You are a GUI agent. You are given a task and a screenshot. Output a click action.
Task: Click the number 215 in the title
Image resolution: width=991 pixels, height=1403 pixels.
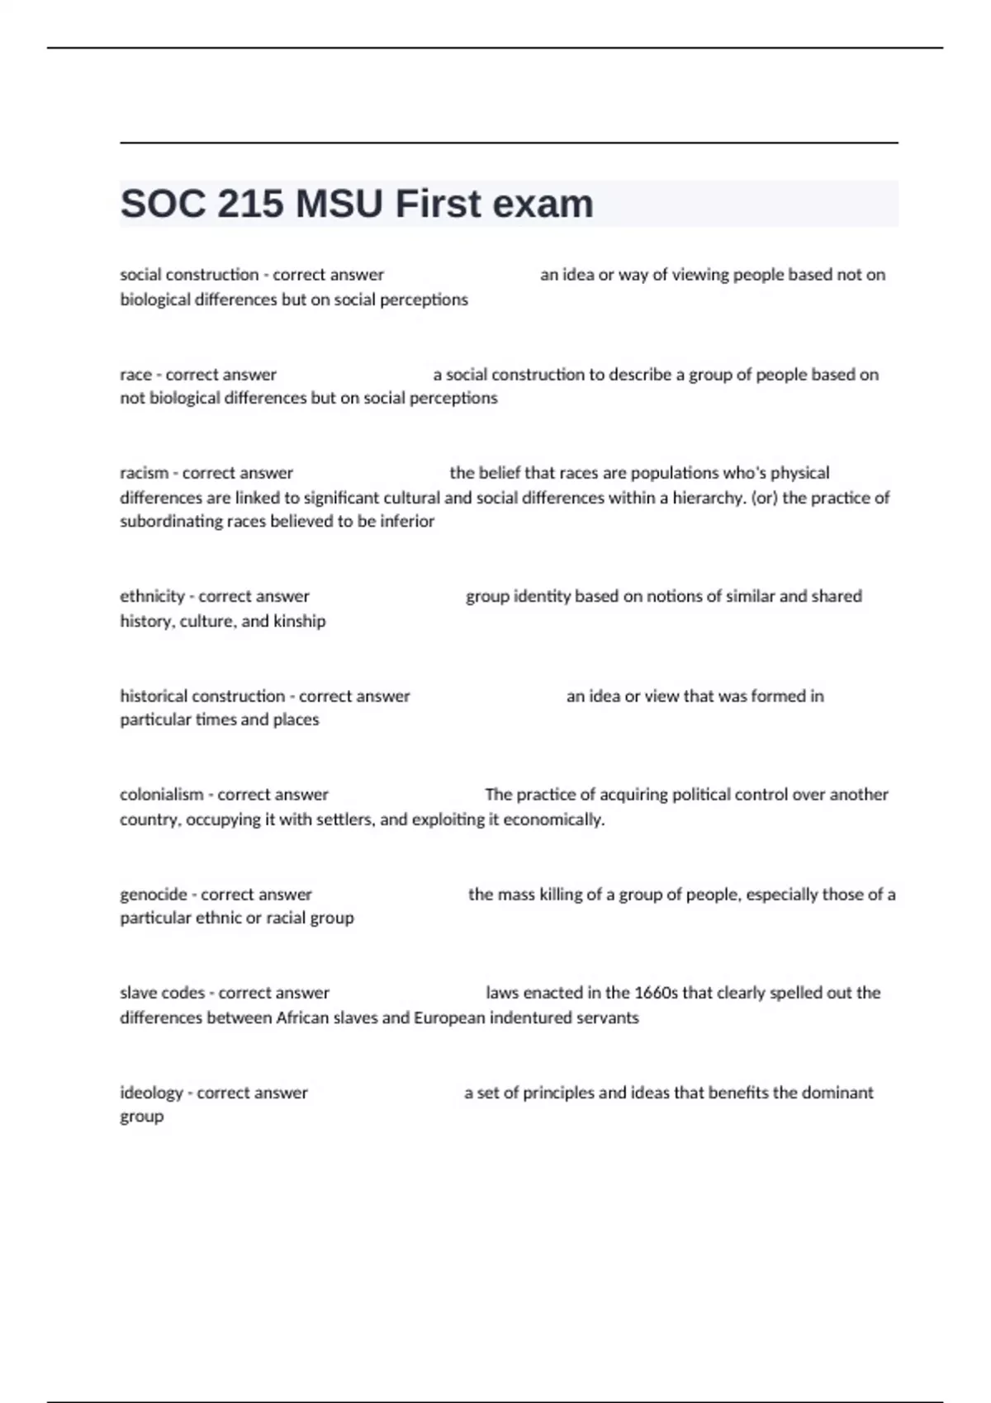pos(250,204)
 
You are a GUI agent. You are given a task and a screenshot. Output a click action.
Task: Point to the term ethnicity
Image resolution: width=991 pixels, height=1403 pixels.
pos(153,596)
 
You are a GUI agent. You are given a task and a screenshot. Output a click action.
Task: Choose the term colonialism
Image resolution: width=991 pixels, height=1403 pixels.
pos(162,794)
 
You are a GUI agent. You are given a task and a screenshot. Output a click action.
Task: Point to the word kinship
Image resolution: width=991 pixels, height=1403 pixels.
pos(300,621)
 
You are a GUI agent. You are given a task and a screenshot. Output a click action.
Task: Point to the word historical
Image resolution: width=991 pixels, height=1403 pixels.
pos(154,696)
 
